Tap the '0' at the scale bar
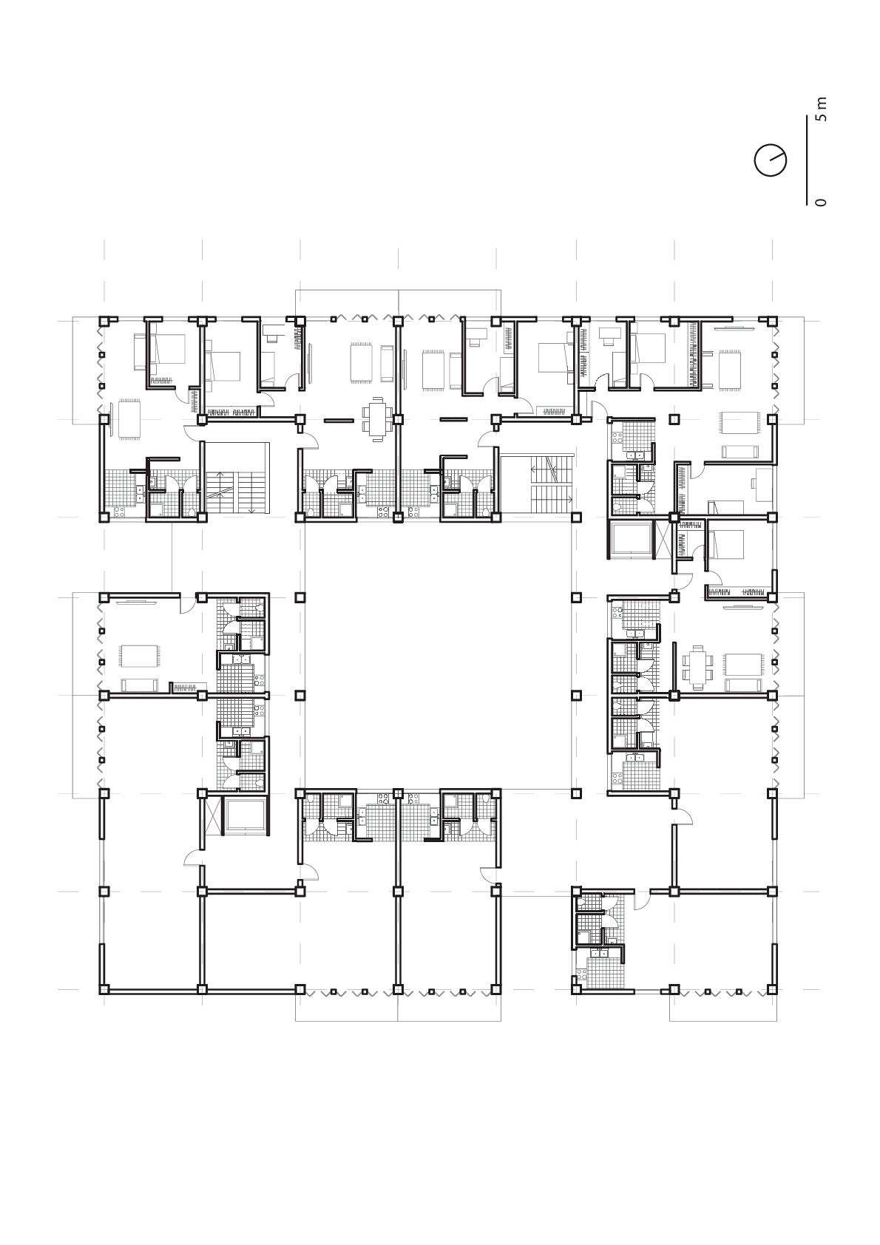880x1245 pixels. [822, 202]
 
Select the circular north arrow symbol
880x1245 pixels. [770, 160]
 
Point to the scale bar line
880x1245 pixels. [805, 157]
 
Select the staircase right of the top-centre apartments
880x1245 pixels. [538, 485]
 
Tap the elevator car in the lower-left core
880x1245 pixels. [246, 816]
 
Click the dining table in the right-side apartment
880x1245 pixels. [699, 663]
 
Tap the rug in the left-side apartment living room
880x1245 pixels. [140, 655]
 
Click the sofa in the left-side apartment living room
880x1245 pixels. [140, 685]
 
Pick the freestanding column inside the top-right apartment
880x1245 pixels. [674, 419]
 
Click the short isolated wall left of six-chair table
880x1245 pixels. [338, 420]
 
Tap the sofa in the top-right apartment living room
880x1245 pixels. [739, 452]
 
